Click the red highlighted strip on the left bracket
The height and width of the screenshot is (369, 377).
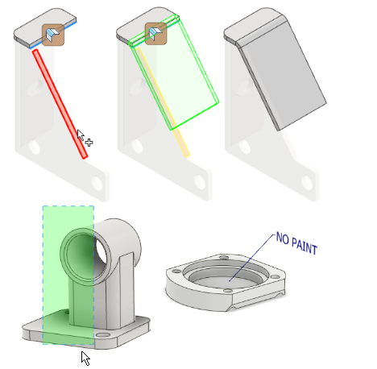pyautogui.click(x=60, y=104)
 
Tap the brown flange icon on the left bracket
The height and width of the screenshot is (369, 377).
pyautogui.click(x=53, y=35)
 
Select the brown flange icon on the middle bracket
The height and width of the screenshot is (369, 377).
pyautogui.click(x=155, y=34)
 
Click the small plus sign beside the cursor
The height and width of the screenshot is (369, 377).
pyautogui.click(x=89, y=143)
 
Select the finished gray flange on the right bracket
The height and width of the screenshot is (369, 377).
pyautogui.click(x=281, y=73)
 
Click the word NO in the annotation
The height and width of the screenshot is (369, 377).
pyautogui.click(x=282, y=238)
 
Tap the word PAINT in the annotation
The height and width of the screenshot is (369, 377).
pyautogui.click(x=304, y=246)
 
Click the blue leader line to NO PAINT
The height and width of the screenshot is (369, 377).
pyautogui.click(x=252, y=258)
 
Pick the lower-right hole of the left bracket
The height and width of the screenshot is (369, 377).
pyautogui.click(x=97, y=183)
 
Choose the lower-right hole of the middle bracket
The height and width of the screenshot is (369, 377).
pyautogui.click(x=200, y=182)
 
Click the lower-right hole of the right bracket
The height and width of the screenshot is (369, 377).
pyautogui.click(x=307, y=182)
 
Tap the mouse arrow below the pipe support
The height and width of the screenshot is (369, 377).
pyautogui.click(x=85, y=358)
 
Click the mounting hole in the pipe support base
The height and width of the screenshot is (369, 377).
pyautogui.click(x=103, y=335)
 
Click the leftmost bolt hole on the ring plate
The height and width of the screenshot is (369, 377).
pyautogui.click(x=176, y=272)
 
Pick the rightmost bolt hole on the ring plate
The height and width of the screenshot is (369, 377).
pyautogui.click(x=275, y=277)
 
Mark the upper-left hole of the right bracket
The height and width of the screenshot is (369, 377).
pyautogui.click(x=245, y=147)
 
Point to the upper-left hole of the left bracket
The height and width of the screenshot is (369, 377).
pyautogui.click(x=35, y=147)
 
